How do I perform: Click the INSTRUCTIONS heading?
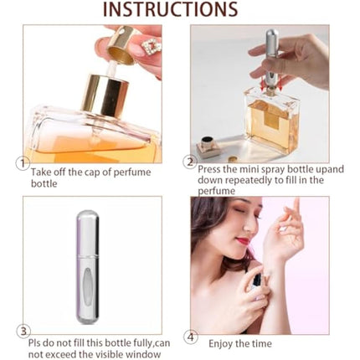point(180,11)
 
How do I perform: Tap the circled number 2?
point(190,162)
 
